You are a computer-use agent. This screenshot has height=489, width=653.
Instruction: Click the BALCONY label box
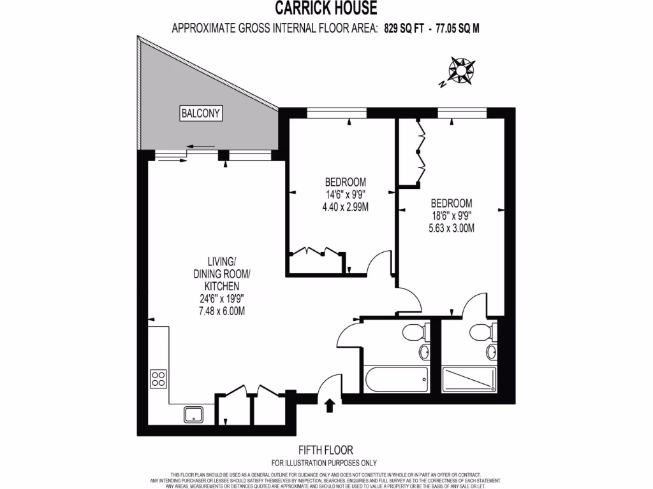coord(201,114)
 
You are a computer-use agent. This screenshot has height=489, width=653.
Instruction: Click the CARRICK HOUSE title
coord(326,8)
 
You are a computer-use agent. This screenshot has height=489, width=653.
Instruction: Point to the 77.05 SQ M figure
coord(458,28)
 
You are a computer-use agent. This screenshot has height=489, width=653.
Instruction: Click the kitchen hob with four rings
coord(158,379)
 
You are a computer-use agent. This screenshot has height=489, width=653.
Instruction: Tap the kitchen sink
coord(194,415)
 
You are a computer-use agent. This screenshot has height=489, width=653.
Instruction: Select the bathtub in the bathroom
coord(396,380)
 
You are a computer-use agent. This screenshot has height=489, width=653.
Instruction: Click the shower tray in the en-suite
coord(469,380)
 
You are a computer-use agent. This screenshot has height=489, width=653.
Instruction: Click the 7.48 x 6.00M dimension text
coord(219,311)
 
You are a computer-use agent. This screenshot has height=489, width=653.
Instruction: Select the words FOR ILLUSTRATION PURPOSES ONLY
coord(324,463)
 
